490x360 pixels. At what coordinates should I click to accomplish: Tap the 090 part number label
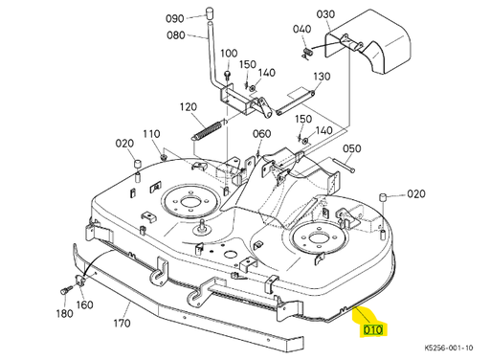pyautogui.click(x=174, y=18)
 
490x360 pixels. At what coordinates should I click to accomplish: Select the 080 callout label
pyautogui.click(x=175, y=35)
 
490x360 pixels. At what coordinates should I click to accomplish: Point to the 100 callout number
pyautogui.click(x=229, y=53)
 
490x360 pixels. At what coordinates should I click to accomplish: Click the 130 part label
pyautogui.click(x=322, y=77)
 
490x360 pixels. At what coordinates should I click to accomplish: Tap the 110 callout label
pyautogui.click(x=151, y=133)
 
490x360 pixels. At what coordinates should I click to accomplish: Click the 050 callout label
pyautogui.click(x=352, y=148)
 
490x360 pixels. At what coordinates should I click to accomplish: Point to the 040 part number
pyautogui.click(x=302, y=29)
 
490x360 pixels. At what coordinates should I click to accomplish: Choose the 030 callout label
pyautogui.click(x=326, y=14)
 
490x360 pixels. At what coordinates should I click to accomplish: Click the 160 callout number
pyautogui.click(x=85, y=305)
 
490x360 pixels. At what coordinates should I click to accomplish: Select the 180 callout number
pyautogui.click(x=64, y=313)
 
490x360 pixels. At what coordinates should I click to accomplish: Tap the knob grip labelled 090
pyautogui.click(x=203, y=14)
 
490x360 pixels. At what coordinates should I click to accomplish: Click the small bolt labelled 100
pyautogui.click(x=228, y=72)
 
